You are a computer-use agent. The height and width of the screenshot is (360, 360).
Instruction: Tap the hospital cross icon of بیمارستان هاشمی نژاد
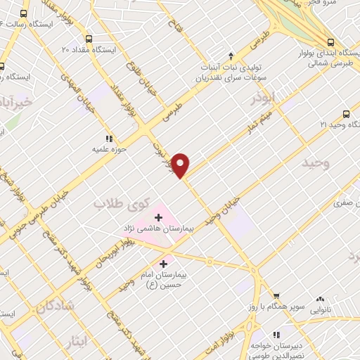pos(158,218)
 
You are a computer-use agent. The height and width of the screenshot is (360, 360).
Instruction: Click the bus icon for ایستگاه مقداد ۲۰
pos(88,39)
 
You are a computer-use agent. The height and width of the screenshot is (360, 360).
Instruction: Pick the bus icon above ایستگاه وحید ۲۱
pos(346,113)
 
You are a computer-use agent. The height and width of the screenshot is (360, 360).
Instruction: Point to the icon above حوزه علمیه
pos(109,139)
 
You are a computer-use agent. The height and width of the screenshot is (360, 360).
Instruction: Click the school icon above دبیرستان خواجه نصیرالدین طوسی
pos(276,334)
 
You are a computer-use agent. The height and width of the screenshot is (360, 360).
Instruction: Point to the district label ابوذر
pos(266,98)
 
